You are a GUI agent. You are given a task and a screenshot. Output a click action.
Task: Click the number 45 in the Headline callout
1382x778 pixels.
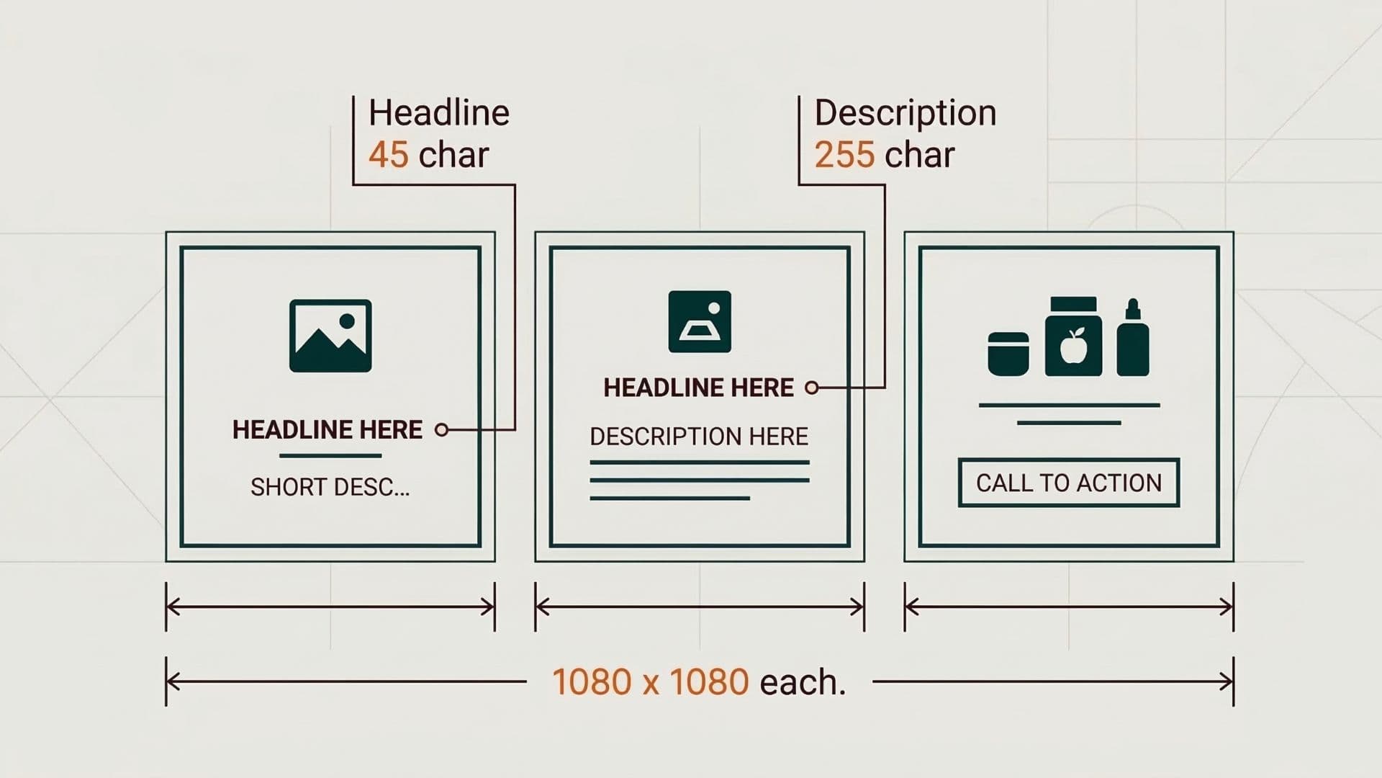coord(388,155)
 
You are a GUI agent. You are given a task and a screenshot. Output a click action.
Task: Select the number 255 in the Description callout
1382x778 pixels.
coord(844,155)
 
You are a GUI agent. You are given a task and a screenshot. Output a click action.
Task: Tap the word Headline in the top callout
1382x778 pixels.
coord(439,113)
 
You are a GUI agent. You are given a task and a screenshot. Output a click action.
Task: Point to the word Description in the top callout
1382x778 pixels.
coord(905,113)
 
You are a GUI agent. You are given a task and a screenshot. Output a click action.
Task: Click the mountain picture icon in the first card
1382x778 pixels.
coord(330,336)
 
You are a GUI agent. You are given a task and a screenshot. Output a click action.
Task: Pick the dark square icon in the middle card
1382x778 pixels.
coord(700,322)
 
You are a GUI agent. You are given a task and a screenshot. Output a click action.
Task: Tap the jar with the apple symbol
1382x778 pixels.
coord(1073,337)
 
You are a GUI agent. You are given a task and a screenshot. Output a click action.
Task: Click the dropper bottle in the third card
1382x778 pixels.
coord(1133,339)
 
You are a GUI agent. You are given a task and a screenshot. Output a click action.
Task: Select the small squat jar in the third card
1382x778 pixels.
coord(1008,354)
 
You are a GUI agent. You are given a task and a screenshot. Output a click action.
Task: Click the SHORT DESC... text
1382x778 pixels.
coord(330,488)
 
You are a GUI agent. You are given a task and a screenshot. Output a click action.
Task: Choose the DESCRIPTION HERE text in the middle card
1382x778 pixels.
coord(699,437)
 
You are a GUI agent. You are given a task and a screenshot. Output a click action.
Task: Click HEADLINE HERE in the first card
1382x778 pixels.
coord(327,430)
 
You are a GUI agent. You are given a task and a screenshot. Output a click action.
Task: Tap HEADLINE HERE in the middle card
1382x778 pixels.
coord(698,388)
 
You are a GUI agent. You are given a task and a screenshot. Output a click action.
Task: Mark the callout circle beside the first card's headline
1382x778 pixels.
coord(442,430)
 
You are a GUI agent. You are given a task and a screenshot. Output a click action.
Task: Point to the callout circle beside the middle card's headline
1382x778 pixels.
coord(812,388)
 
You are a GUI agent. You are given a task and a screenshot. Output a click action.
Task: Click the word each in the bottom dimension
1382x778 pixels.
coord(802,682)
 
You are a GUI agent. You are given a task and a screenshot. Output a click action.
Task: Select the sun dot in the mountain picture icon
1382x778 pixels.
coord(347,321)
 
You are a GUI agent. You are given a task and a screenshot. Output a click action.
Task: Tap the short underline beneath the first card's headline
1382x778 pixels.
coord(330,456)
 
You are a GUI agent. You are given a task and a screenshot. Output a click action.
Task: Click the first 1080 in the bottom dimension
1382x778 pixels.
coord(591,682)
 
